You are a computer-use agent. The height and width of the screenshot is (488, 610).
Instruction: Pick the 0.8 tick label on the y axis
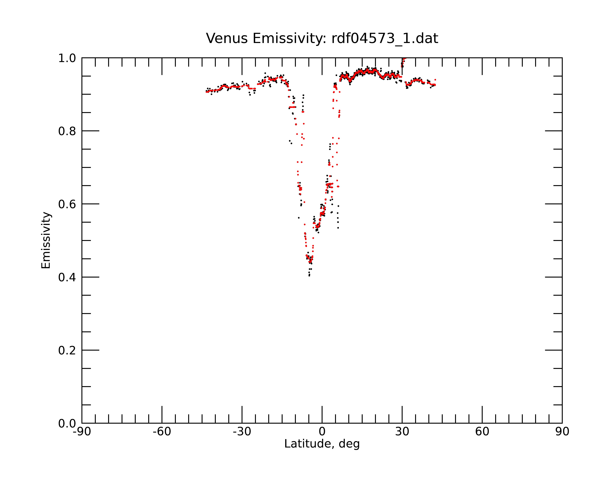pos(67,131)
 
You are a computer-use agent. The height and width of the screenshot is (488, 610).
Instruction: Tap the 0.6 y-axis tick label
pos(67,204)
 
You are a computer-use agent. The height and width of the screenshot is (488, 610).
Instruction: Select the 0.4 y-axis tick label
pos(67,278)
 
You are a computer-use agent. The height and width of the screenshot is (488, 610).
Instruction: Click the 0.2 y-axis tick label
pos(67,350)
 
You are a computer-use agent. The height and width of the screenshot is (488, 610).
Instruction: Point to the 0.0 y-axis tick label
pos(67,423)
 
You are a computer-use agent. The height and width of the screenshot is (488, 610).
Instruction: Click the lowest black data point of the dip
pos(309,276)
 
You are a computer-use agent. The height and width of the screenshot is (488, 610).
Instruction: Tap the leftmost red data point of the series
pos(206,92)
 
